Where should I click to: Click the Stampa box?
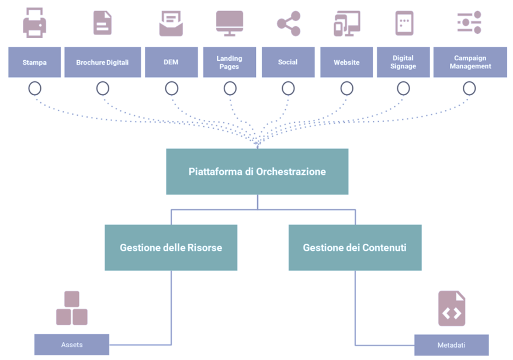point(34,62)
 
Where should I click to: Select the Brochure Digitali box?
point(102,62)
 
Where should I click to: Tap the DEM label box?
point(171,62)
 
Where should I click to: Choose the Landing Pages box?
point(229,62)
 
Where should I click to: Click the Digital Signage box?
point(403,62)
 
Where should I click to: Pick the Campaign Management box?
point(470,62)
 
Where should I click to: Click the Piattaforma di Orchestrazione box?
point(257,171)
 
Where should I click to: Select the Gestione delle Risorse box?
point(171,247)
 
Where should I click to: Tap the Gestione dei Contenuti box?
point(355,247)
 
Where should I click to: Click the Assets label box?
point(72,344)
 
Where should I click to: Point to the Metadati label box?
point(451,345)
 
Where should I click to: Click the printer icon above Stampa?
point(34,23)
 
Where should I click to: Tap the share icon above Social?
point(288,23)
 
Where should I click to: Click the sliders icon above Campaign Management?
point(469,23)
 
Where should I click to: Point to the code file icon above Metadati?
point(452,309)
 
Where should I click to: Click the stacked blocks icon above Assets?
point(71,308)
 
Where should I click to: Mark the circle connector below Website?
point(347,88)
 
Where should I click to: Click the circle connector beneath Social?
point(288,88)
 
